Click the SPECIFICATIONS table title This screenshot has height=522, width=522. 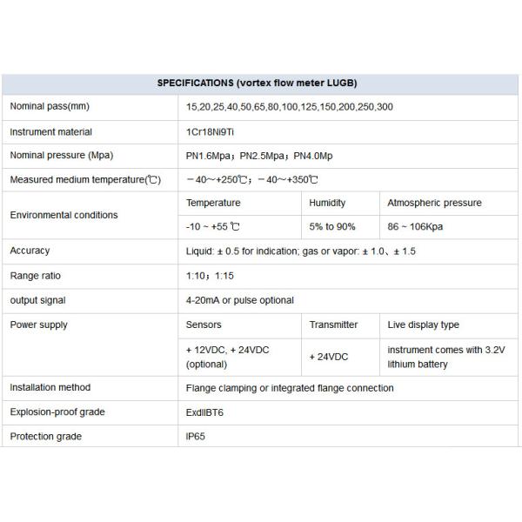point(257,84)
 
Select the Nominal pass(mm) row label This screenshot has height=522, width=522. point(50,106)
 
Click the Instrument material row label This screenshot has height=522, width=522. point(50,132)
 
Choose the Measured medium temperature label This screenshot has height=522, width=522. point(84,180)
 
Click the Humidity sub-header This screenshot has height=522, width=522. point(327,203)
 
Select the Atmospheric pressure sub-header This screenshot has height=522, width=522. point(433,203)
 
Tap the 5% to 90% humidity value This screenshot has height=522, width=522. point(332,226)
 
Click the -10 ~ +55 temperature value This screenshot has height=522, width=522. point(213,226)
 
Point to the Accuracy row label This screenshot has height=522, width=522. point(30,251)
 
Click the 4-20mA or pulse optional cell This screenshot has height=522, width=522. point(240,300)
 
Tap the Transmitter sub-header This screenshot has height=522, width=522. point(333,325)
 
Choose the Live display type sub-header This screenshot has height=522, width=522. point(424,325)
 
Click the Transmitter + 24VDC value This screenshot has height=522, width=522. point(329,357)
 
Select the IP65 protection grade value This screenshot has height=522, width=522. point(196,436)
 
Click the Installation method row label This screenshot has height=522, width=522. point(50,387)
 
